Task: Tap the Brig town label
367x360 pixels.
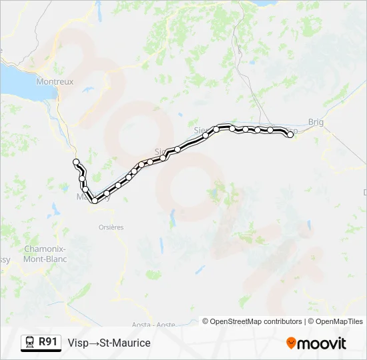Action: click(x=316, y=121)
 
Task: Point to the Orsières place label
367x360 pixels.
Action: click(x=111, y=227)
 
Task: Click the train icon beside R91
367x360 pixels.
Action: click(x=30, y=343)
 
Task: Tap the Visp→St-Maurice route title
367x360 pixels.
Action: click(x=109, y=343)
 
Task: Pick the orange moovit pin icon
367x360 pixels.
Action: click(x=291, y=343)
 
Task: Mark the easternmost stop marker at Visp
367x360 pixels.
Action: click(x=290, y=135)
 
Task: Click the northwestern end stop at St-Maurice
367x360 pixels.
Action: click(x=76, y=162)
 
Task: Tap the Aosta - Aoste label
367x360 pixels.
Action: click(x=153, y=325)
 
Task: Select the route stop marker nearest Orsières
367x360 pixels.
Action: click(x=95, y=200)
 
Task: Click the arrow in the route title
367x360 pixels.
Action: click(x=95, y=343)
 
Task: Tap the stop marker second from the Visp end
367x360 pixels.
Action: click(x=270, y=130)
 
